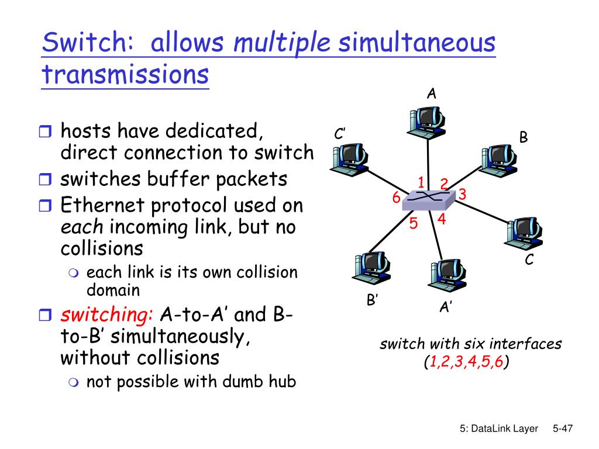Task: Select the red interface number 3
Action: coord(462,194)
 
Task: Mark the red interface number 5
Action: coord(413,224)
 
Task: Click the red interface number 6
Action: coord(396,199)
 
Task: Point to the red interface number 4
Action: coord(442,220)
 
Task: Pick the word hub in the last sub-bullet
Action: coord(283,382)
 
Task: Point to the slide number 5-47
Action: coord(562,429)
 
